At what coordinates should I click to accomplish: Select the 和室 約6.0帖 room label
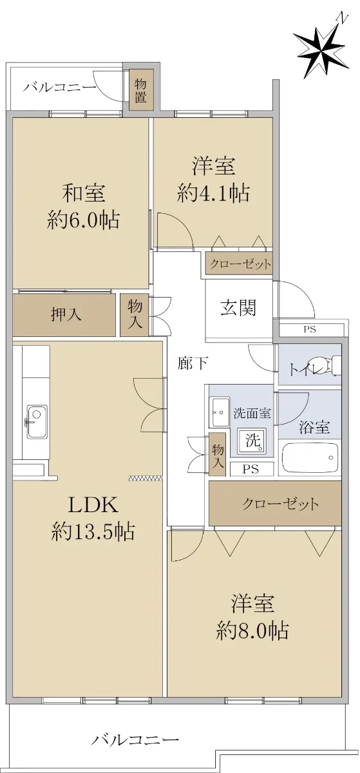tap(84, 206)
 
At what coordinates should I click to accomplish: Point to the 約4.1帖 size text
tap(213, 193)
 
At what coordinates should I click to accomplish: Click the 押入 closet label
tap(66, 315)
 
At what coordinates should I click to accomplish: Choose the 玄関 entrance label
tap(238, 307)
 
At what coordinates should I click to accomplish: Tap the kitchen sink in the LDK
tap(37, 421)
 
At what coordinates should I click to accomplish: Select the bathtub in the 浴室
tap(310, 457)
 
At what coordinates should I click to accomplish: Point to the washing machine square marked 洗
tap(252, 439)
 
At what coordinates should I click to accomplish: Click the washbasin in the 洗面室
tap(220, 412)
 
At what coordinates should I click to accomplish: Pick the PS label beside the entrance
tap(310, 330)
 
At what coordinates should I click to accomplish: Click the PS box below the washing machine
tap(251, 470)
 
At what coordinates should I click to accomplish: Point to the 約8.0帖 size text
tap(252, 630)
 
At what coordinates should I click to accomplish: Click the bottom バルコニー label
tap(135, 738)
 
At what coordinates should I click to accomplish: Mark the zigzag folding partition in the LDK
tap(145, 478)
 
